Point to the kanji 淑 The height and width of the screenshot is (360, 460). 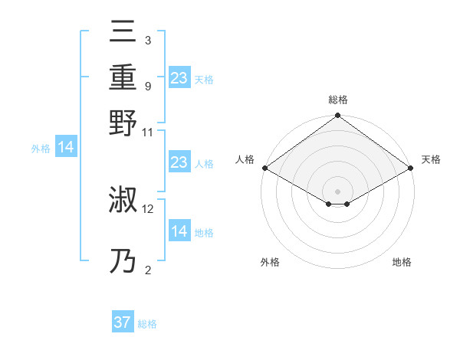(x=124, y=201)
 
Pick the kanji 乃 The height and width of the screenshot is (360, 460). (x=124, y=263)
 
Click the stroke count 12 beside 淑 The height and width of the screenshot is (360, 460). (x=149, y=208)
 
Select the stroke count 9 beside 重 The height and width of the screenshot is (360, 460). (x=148, y=87)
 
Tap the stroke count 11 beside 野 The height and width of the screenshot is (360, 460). (x=149, y=133)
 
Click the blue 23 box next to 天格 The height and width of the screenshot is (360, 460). (x=179, y=77)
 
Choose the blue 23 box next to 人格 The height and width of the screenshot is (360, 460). (x=179, y=162)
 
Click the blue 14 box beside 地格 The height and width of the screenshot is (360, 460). (x=179, y=231)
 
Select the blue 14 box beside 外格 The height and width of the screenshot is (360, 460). (x=66, y=148)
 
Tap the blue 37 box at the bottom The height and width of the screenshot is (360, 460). (x=123, y=322)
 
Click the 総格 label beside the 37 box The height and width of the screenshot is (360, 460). (x=147, y=324)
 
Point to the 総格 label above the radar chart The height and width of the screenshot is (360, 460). (x=338, y=100)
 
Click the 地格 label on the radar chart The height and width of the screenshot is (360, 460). (x=402, y=263)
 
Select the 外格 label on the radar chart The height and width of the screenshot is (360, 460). (x=270, y=263)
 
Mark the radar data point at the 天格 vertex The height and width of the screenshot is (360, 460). (x=412, y=168)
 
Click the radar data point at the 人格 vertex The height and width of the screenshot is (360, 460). (x=264, y=168)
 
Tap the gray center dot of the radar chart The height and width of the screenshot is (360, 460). (x=338, y=190)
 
